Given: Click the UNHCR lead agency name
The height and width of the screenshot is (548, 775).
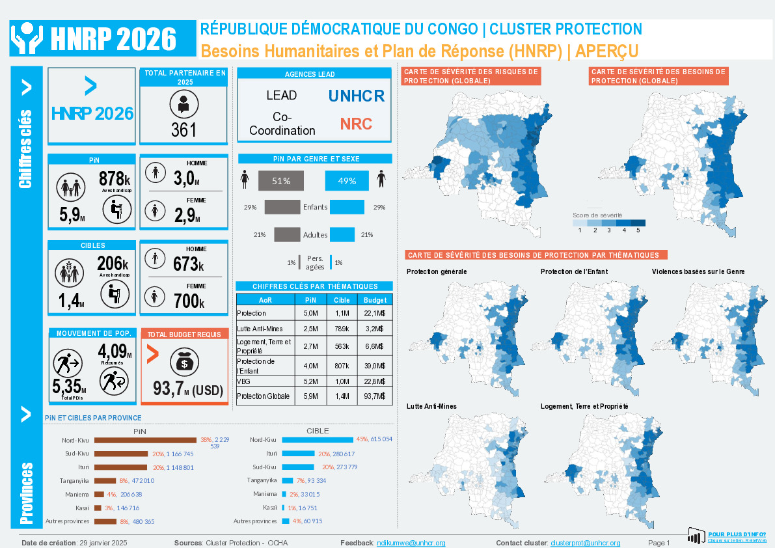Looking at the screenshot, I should coord(356,96).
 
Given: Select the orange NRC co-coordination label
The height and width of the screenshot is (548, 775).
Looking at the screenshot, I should coord(357,124).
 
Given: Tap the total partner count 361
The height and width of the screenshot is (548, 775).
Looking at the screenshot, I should coord(184,130).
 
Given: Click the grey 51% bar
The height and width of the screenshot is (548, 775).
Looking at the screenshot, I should coord(281,181).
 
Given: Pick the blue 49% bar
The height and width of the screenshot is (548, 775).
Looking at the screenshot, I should coord(347,181).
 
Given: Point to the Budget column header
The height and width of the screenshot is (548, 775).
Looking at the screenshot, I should coord(375,300).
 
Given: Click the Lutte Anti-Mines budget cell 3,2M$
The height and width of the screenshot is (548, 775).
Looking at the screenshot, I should coord(375,328).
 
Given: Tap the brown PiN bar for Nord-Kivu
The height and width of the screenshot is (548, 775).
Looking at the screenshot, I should coord(145,440).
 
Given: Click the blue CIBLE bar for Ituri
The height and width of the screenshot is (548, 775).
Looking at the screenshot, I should coord(297,454).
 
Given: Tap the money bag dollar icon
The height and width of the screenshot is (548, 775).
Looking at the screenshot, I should coord(185,363).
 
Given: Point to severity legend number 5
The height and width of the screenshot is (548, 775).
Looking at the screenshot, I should coord(638,230).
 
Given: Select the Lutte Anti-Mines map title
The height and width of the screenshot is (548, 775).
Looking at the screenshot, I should coord(431,406).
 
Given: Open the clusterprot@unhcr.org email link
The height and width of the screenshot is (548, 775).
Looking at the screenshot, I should coord(585,543).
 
